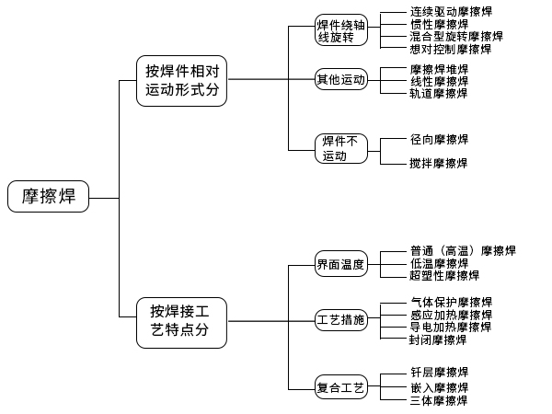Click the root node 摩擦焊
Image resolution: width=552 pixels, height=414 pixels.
click(49, 196)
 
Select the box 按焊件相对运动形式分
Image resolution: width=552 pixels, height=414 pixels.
click(182, 81)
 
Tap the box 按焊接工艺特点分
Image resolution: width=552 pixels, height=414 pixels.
click(182, 321)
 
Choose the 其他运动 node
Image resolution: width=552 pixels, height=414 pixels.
click(341, 80)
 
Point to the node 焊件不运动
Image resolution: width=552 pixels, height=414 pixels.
click(341, 148)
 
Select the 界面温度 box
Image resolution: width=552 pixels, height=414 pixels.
click(341, 265)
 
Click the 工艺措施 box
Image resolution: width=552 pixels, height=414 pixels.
click(341, 320)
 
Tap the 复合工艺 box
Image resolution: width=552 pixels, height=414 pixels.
click(341, 388)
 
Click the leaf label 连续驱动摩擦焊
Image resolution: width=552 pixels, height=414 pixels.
click(451, 12)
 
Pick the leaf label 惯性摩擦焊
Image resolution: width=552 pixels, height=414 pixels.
click(439, 25)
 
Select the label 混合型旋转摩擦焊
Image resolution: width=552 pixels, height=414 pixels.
click(456, 37)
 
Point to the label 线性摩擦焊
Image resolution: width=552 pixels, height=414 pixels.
click(439, 81)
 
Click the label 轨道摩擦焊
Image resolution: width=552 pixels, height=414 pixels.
click(439, 94)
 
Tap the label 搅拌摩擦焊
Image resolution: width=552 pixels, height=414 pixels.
click(439, 163)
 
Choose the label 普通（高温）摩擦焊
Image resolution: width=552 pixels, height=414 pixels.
click(463, 250)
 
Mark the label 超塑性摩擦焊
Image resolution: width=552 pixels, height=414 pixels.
click(444, 275)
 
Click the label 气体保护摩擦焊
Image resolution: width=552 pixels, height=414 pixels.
click(451, 302)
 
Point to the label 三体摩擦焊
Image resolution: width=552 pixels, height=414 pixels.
click(439, 401)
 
